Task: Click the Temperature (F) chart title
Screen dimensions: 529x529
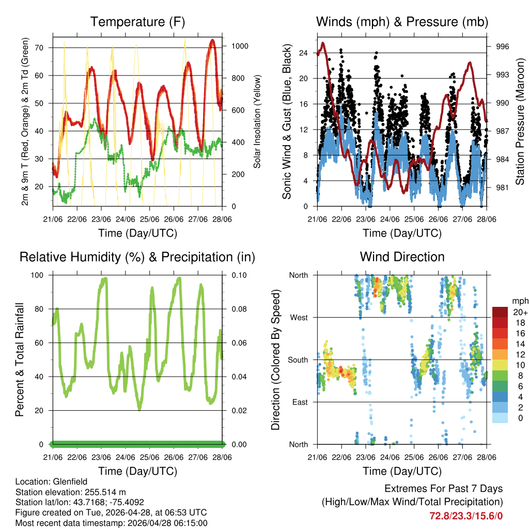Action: tap(137, 22)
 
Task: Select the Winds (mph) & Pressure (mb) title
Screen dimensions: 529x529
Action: tap(402, 22)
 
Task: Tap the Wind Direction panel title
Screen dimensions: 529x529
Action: tap(402, 257)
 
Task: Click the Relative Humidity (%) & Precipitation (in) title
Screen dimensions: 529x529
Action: tap(137, 257)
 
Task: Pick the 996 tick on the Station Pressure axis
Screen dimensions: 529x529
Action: tap(502, 46)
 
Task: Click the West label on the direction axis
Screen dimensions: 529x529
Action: tap(299, 317)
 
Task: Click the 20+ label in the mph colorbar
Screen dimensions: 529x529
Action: tap(520, 312)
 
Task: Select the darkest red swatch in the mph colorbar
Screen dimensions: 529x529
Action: tap(500, 312)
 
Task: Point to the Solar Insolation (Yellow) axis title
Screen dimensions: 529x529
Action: tap(257, 121)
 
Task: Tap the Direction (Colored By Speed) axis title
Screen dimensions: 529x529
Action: tap(275, 359)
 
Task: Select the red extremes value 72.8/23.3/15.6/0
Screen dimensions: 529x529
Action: tap(466, 516)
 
